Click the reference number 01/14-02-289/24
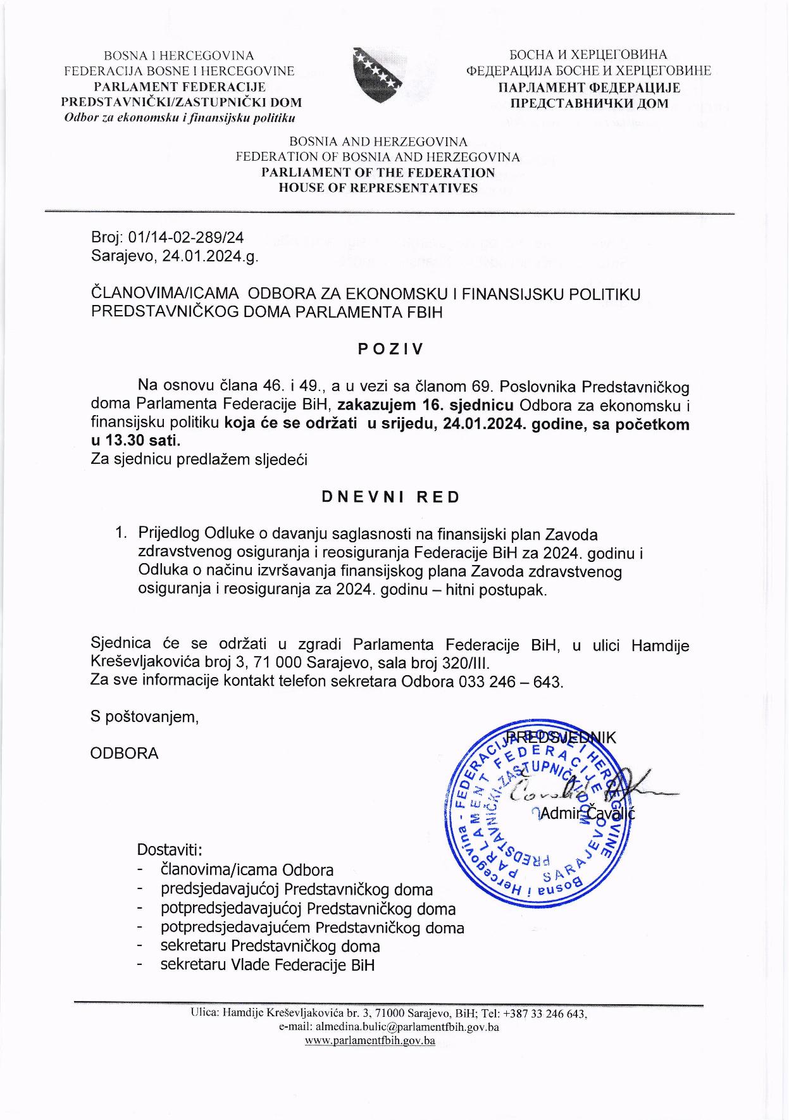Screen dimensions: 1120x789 tap(185, 238)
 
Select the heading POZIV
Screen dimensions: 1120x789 tap(390, 349)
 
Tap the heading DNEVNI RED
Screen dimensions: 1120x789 tap(390, 497)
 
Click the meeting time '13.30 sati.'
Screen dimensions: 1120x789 tap(140, 440)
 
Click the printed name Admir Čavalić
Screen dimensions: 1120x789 tap(587, 813)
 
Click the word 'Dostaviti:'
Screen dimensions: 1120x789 tap(170, 849)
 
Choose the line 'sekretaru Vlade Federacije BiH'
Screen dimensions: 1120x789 tap(268, 965)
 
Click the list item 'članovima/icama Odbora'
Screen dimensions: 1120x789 tap(247, 870)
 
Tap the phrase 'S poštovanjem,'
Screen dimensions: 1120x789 tap(145, 717)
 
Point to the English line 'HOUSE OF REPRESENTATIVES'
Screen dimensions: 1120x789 tap(378, 188)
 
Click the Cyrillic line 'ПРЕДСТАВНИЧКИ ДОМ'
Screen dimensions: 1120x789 tap(588, 103)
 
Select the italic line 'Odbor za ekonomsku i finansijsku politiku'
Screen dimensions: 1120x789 tap(180, 118)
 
